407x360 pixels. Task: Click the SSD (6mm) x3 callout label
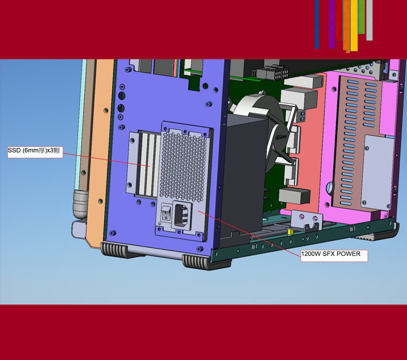point(35,152)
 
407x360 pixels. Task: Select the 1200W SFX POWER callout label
point(334,256)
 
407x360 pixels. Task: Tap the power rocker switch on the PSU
point(165,213)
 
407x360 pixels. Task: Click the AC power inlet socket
point(182,215)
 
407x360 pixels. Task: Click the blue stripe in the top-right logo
point(317,24)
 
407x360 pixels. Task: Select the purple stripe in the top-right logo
point(331,24)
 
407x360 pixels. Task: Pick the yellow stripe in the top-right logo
point(354,25)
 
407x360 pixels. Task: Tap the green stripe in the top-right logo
point(362,17)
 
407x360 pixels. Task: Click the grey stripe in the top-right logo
point(369,20)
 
